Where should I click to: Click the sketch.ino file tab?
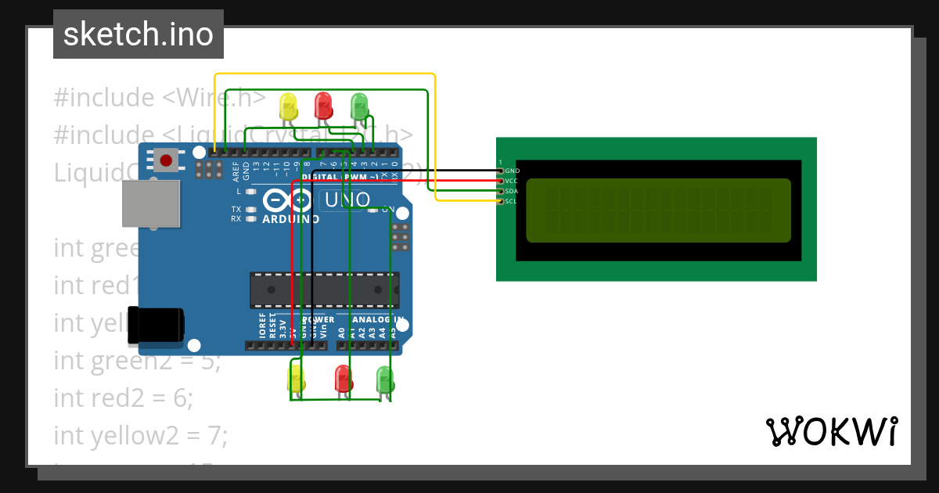point(138,34)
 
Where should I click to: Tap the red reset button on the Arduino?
point(166,161)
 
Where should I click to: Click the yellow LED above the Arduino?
point(289,107)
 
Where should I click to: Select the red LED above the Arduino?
point(322,105)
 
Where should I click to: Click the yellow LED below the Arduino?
point(296,380)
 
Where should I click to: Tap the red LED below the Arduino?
point(343,379)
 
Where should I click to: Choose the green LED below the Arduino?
point(385,380)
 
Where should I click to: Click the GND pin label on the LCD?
point(511,170)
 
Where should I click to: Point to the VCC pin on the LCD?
point(511,181)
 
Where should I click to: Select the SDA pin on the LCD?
point(511,191)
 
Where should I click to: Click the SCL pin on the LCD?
point(511,201)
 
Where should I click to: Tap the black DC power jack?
point(156,326)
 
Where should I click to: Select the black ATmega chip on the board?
point(324,290)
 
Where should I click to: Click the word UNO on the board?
point(347,200)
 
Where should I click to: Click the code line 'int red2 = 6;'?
point(123,398)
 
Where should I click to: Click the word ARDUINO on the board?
point(291,219)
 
